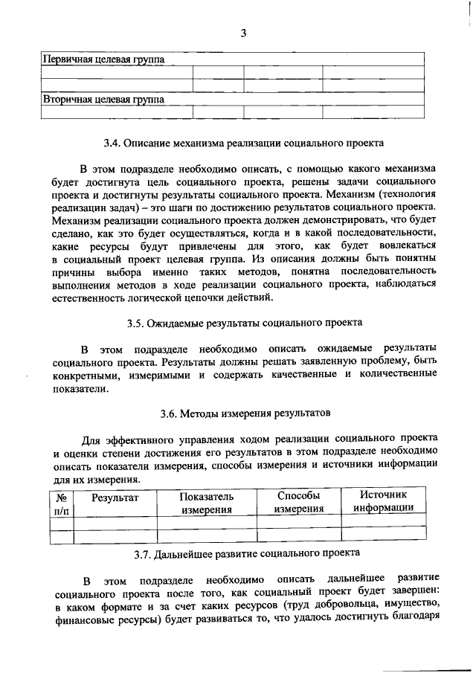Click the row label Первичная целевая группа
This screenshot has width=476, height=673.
(103, 59)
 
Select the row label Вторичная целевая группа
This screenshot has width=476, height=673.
(103, 98)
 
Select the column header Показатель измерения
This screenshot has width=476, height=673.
(206, 503)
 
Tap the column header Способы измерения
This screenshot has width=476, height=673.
(297, 502)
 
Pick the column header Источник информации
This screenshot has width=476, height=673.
(383, 501)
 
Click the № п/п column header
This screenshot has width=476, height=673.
(62, 503)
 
